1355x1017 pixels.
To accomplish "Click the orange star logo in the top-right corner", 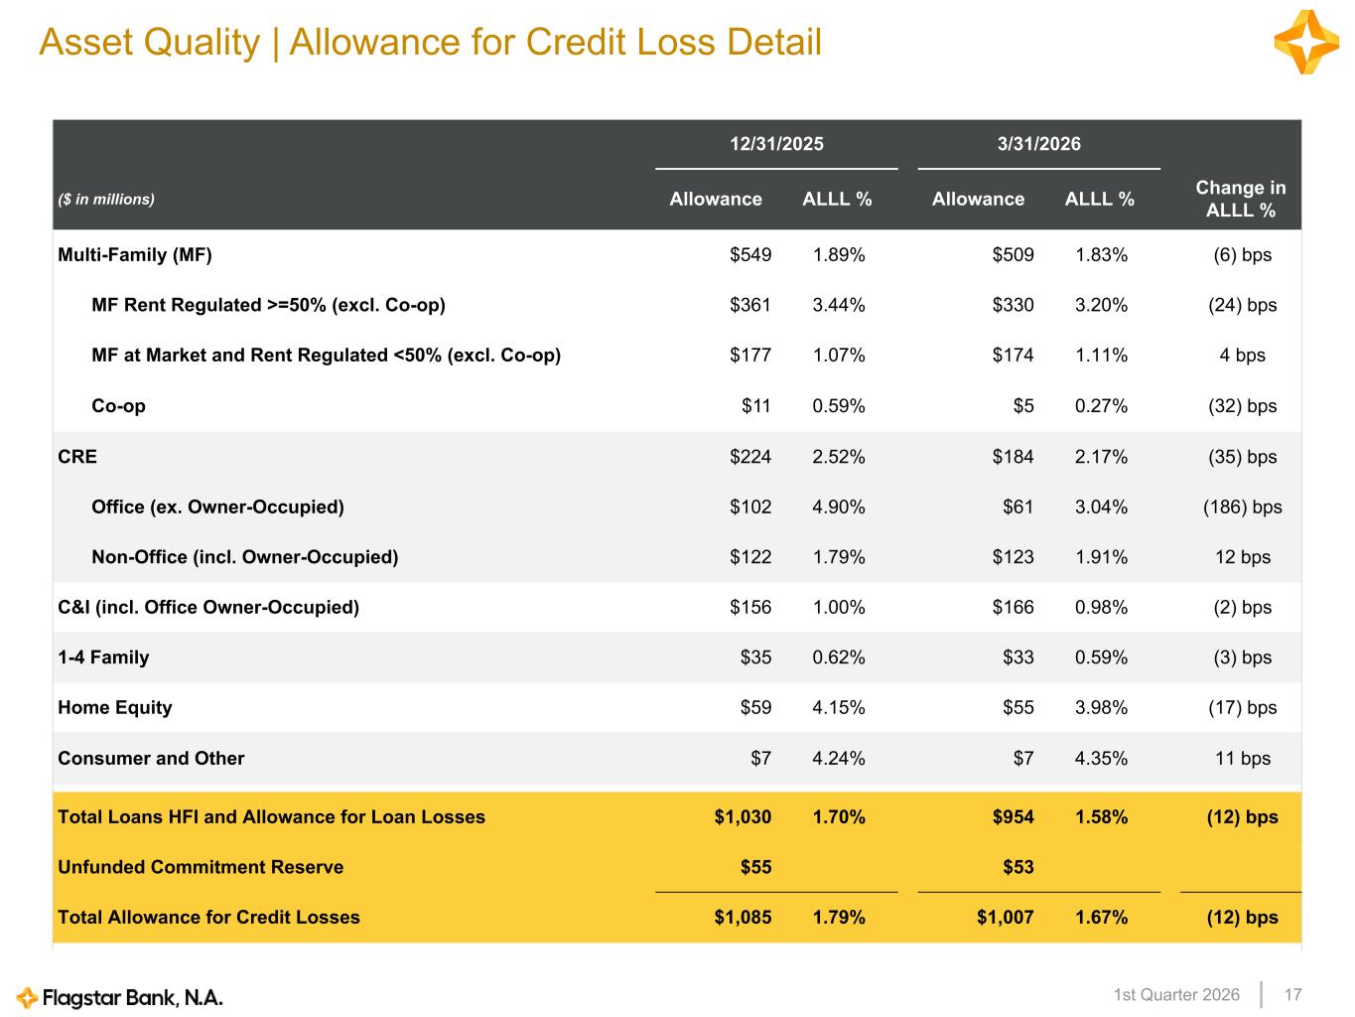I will pos(1306,42).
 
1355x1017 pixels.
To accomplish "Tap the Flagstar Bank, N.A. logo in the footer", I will pos(120,997).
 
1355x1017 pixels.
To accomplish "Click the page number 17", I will pos(1292,995).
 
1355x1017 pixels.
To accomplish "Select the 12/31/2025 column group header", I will pos(776,144).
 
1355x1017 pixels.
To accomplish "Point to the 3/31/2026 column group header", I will pos(1038,144).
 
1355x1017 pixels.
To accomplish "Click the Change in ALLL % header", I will pos(1240,199).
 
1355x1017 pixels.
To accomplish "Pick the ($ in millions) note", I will pos(106,200).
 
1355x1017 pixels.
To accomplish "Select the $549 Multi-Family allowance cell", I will pos(750,255).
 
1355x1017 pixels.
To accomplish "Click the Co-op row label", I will pos(118,406).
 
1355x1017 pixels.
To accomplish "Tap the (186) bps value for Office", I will pos(1242,508).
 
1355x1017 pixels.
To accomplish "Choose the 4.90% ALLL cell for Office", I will pos(838,508).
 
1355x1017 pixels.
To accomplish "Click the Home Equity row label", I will pos(115,708).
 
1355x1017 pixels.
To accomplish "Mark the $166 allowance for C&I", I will pos(1013,608).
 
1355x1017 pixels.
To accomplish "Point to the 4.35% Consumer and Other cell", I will pos(1101,759).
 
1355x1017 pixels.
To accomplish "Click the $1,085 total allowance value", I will pos(743,918).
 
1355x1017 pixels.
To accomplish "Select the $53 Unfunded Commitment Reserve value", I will pos(1017,867).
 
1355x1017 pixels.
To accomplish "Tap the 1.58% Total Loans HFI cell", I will pos(1101,817).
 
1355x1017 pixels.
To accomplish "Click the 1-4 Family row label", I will pos(103,657).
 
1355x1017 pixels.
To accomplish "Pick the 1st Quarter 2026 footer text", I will pos(1176,995).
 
